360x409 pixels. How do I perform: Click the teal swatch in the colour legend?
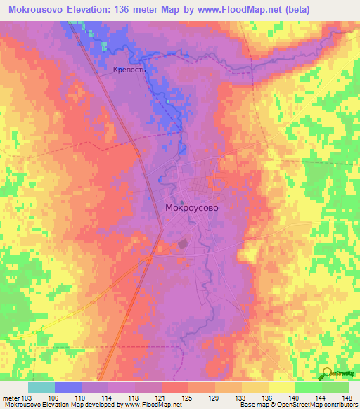tap(41, 387)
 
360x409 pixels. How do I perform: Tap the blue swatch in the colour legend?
tap(68, 387)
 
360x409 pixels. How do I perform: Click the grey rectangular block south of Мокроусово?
tap(183, 244)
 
